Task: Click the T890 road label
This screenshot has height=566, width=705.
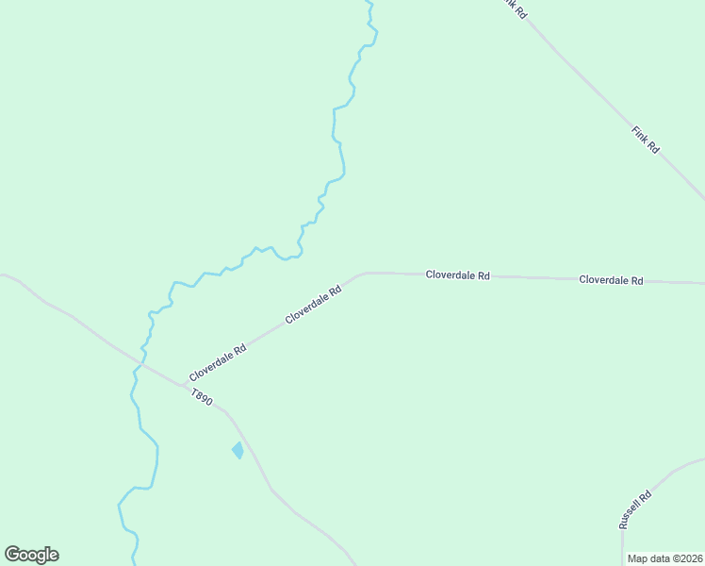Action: (202, 397)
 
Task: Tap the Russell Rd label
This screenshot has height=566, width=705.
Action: (635, 509)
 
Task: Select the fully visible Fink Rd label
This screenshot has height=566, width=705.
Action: (646, 141)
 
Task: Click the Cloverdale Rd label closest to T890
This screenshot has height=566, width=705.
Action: (218, 362)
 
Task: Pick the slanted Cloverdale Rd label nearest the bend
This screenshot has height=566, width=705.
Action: (313, 305)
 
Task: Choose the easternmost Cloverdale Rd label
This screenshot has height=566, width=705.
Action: (611, 280)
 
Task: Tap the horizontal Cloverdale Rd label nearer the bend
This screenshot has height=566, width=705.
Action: (457, 275)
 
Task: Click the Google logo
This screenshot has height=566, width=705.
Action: (31, 555)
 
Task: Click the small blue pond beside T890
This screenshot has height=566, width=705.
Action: (238, 450)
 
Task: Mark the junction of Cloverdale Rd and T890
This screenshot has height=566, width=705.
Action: (183, 384)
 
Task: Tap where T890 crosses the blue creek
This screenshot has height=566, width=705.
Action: (141, 360)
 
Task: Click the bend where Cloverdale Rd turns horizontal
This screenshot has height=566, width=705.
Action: (363, 274)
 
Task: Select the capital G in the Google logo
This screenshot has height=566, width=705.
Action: (12, 555)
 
